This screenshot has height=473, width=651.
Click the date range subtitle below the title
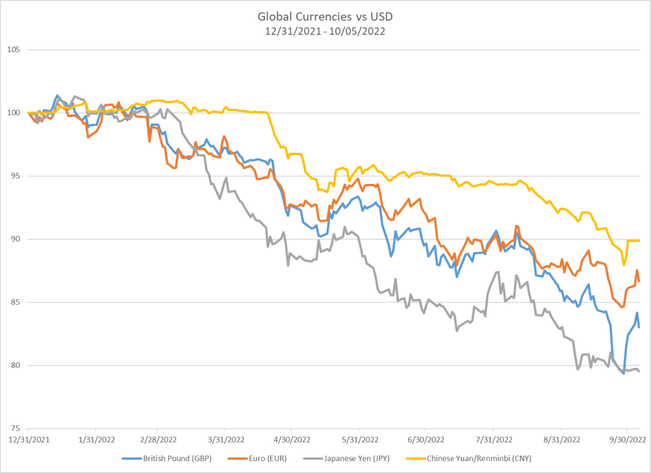(325, 31)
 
